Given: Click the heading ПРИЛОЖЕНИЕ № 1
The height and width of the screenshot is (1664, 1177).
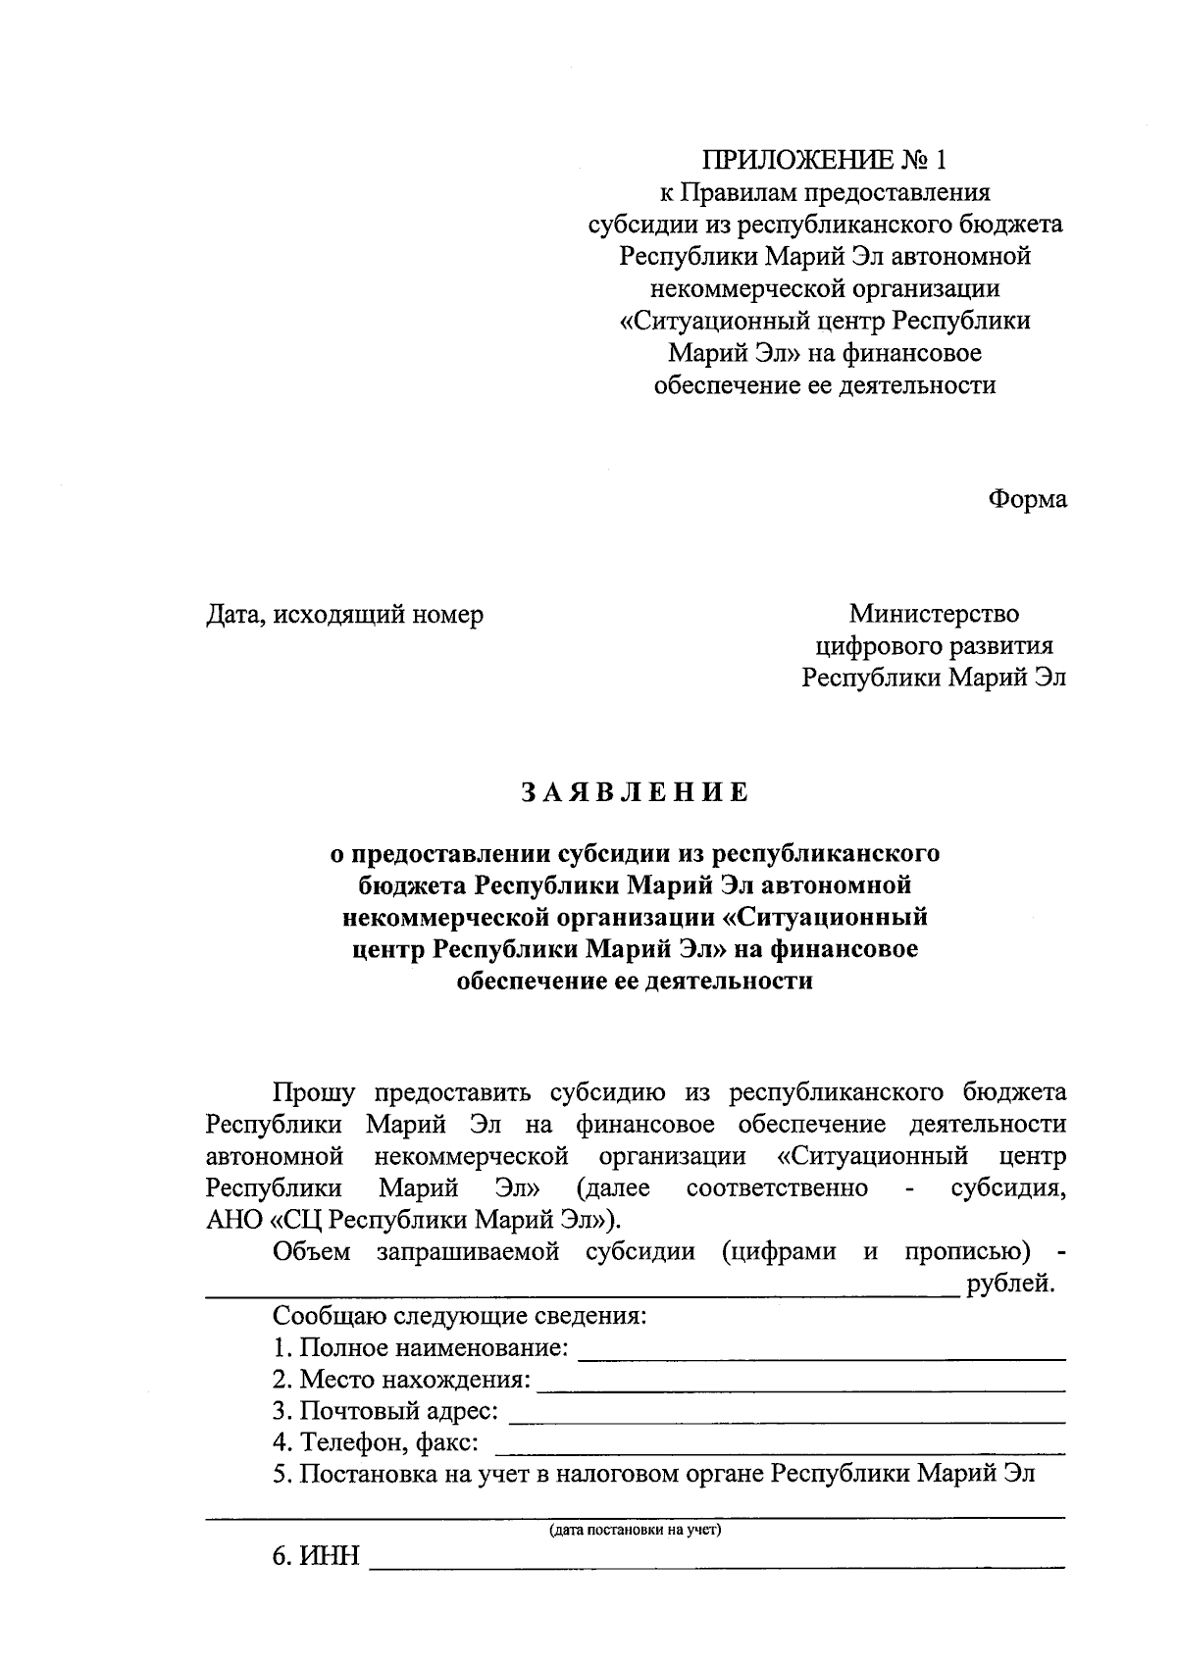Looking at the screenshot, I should (825, 160).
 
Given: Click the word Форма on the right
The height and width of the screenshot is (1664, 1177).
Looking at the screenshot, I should (1027, 499).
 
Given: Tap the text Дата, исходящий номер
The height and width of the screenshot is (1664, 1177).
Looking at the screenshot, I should (344, 615).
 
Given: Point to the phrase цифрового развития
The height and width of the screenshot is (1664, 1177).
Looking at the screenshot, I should (934, 646).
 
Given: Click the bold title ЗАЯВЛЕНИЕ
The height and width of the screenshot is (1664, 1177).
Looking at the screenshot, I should (635, 792).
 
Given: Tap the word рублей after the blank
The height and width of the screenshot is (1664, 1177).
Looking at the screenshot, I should (1009, 1284).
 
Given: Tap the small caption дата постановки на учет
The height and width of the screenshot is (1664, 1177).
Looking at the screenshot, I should (635, 1530).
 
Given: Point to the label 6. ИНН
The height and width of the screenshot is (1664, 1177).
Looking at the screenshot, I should (317, 1557).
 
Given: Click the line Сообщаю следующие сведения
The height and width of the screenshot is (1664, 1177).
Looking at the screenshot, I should (458, 1316).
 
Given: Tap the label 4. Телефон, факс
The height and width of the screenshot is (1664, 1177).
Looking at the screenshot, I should (376, 1442).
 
